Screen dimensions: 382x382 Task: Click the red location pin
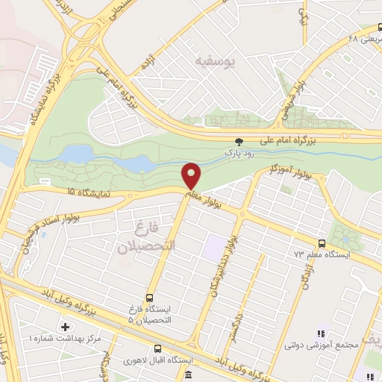[192, 175]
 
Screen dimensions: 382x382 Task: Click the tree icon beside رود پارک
[239, 140]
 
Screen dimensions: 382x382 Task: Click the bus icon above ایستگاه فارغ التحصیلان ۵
[150, 298]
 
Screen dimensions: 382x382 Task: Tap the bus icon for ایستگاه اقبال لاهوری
[157, 348]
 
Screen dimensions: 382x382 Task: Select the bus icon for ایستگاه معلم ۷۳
[322, 243]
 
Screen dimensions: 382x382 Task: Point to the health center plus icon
[66, 327]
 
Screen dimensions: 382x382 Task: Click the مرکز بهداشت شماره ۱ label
[53, 339]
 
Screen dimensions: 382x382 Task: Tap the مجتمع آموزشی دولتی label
[313, 345]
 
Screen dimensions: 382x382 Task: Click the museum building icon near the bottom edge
[188, 374]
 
